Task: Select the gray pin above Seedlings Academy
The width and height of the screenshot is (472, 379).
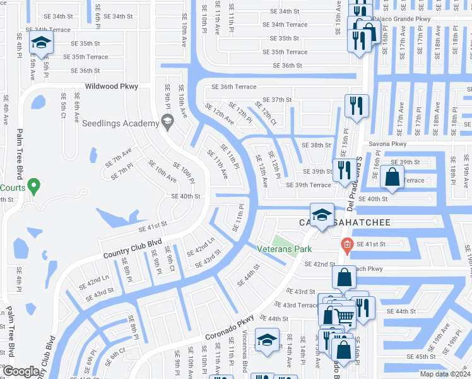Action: (x=167, y=120)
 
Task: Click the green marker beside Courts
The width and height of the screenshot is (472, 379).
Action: (x=35, y=186)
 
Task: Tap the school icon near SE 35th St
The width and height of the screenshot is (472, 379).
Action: (x=42, y=43)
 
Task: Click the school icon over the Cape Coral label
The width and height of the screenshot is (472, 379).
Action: (x=322, y=214)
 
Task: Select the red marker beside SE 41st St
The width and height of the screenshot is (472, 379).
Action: (x=346, y=244)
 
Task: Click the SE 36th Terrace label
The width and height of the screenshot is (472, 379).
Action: (x=234, y=87)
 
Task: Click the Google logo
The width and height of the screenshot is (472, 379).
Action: (x=21, y=371)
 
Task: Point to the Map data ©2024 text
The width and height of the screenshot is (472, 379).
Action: (x=444, y=374)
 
